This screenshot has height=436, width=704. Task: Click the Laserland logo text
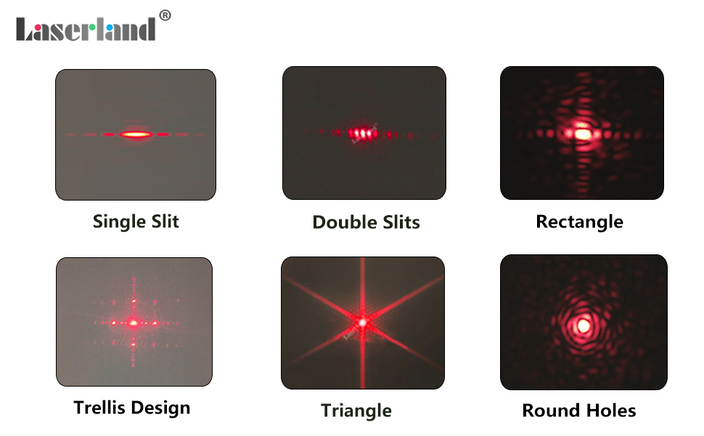coord(86,30)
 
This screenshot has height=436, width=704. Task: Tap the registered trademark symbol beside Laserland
coord(165,15)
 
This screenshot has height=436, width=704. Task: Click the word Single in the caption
coord(119,222)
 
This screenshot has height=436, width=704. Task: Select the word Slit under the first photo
coord(165,221)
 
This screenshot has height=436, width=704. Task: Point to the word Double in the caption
coord(344,222)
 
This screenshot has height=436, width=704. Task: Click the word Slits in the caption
coord(401,222)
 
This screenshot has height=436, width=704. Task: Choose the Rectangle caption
coord(580,222)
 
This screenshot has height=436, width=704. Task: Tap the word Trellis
coord(99,408)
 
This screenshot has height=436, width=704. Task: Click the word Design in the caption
coord(160,408)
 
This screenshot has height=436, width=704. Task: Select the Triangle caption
coord(356,411)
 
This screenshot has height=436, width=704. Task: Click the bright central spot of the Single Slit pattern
coord(136,134)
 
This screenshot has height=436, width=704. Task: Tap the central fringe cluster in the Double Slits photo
coord(362,134)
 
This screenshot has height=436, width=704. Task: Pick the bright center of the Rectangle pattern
coord(582,134)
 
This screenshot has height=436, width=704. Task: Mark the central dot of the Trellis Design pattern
coord(134,323)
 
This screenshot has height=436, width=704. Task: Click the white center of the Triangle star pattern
coord(362,323)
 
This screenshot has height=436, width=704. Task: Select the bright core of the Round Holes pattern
coord(584,325)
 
